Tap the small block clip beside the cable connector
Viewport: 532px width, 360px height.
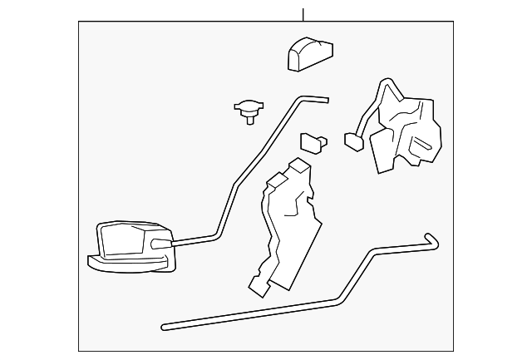313,142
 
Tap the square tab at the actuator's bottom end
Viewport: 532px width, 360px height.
260,285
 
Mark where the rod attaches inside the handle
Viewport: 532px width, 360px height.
160,244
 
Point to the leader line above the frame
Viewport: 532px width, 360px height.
303,14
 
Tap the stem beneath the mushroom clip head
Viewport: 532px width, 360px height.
249,120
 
